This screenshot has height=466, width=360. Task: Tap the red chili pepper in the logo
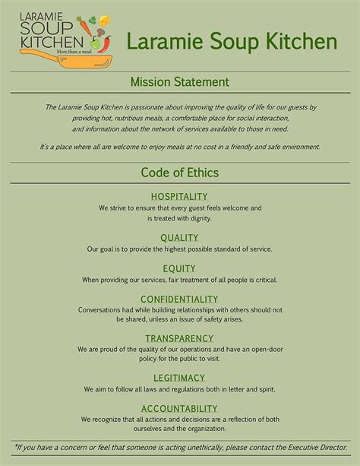106,44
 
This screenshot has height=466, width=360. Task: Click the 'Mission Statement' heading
179,82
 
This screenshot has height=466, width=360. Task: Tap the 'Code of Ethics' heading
179,172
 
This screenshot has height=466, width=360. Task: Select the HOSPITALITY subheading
179,196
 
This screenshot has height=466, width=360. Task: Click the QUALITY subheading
179,238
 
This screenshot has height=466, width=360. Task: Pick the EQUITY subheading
179,268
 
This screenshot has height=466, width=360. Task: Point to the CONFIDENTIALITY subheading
179,299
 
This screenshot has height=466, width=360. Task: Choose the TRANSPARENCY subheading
179,338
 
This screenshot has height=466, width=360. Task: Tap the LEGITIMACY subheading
179,378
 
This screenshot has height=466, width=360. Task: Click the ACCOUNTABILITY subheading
179,408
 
